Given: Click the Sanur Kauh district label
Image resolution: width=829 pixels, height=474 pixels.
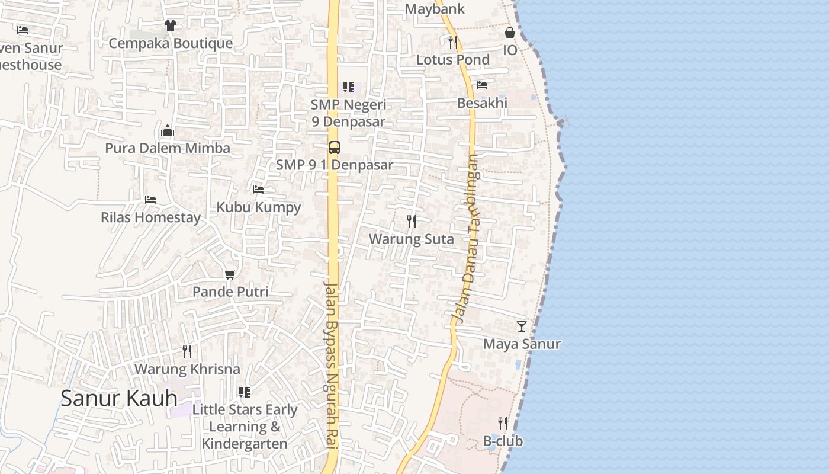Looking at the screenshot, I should point(119,398).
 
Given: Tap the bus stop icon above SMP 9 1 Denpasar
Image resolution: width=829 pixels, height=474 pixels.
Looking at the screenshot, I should point(335,147).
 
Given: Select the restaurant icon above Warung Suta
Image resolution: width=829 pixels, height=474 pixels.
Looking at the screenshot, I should point(412,222).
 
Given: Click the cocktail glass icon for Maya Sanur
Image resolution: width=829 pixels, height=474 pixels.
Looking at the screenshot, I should point(522,326).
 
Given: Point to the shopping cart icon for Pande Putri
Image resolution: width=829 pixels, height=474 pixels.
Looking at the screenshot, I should point(230,274).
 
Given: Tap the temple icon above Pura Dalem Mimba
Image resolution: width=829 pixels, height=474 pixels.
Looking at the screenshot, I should point(168,130).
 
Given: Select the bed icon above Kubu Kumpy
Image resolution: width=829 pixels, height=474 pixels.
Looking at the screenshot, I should point(258,190).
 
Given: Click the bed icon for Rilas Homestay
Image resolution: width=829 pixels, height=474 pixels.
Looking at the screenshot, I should point(150,200).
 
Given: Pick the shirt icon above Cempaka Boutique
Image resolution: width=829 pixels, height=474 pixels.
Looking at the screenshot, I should point(171,25).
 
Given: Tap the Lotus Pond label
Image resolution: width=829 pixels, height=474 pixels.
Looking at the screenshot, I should point(453,59).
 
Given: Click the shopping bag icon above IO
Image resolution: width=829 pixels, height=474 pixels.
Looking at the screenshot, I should point(510,33).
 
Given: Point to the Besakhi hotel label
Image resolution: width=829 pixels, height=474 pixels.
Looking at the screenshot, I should point(482,103).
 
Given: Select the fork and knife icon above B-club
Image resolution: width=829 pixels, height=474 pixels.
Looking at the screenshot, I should point(503,423).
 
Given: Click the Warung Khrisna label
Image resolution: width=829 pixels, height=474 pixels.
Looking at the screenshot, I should point(187,369).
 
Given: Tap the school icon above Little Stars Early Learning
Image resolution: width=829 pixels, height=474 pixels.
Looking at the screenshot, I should point(245,392).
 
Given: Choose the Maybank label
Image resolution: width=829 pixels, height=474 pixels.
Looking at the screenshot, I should point(435,9).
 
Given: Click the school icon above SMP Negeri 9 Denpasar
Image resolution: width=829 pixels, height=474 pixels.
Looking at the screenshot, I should point(349,87).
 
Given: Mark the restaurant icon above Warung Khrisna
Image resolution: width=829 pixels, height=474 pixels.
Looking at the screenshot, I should point(187,351).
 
